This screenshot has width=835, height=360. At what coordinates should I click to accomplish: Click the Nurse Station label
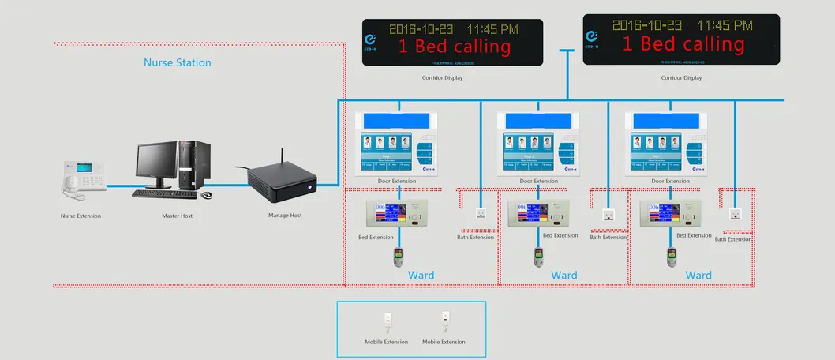177,62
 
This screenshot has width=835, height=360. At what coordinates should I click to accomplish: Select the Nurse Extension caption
81,216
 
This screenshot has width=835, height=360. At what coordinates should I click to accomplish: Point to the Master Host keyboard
164,193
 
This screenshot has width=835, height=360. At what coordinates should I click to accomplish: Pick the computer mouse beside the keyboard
206,194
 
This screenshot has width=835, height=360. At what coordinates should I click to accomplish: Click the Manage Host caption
285,215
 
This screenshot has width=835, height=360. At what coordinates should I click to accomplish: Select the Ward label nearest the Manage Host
421,276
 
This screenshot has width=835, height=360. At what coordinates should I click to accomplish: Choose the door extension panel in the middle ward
540,144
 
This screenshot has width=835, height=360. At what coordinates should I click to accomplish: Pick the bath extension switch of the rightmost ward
735,214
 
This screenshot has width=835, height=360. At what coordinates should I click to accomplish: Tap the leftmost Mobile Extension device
387,320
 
